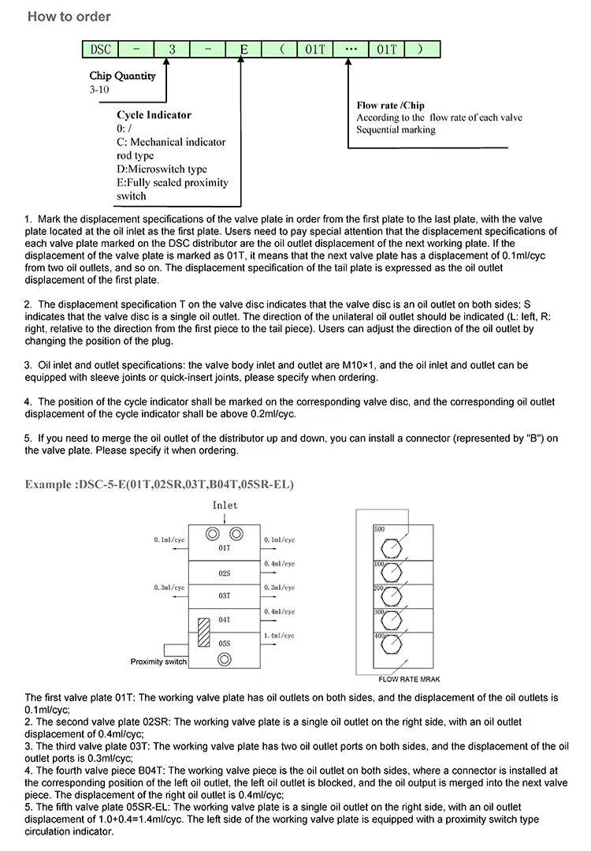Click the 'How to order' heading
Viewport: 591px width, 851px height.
69,17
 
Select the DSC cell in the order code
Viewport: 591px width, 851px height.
102,49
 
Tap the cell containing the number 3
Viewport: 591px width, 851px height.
172,49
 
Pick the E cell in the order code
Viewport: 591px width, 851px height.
243,49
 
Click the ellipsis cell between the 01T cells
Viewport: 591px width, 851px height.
351,49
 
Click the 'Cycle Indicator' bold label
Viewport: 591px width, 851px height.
154,115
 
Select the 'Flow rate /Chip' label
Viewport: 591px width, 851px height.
390,106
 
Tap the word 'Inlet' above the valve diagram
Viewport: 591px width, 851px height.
225,506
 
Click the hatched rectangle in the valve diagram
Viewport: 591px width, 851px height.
203,633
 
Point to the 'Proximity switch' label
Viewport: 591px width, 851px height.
158,662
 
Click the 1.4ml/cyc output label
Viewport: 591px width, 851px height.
280,635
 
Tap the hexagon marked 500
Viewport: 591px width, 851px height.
392,547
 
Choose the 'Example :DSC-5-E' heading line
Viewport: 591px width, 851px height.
160,483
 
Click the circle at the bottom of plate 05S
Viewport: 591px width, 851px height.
225,658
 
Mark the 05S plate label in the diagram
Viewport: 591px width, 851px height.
225,644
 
